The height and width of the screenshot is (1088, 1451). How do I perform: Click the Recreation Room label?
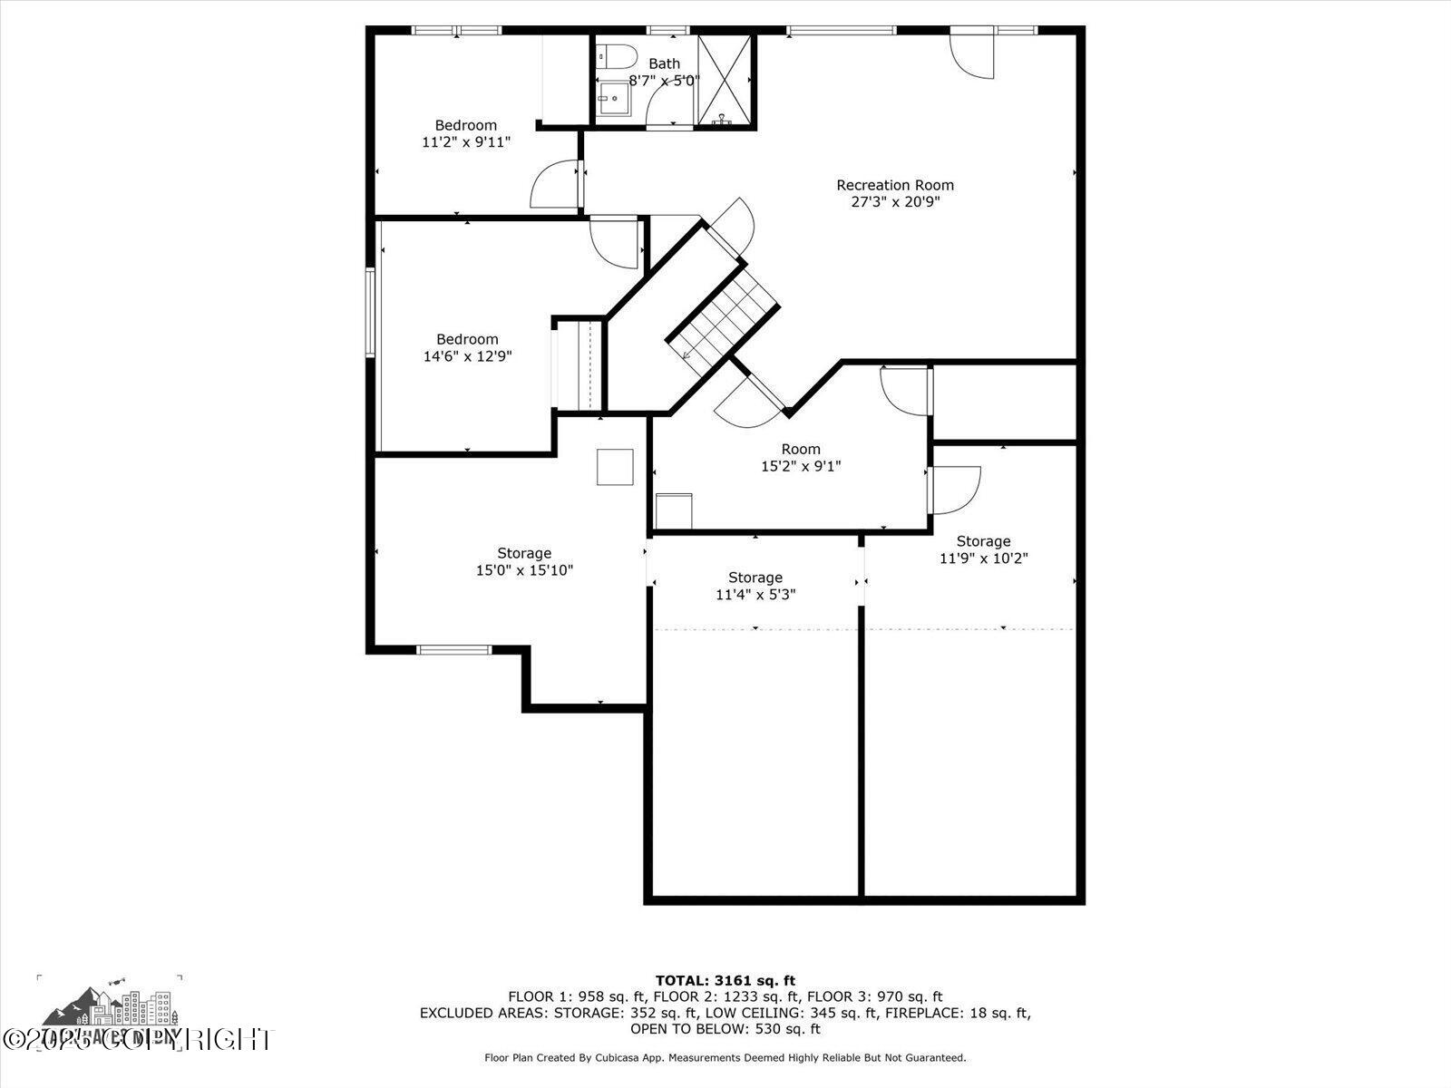[x=894, y=185]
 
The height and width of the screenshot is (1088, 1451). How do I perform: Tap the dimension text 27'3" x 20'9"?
[x=894, y=202]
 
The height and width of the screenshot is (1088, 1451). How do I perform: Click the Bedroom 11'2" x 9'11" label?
[x=465, y=125]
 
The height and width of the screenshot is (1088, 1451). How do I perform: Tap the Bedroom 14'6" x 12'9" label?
[x=467, y=339]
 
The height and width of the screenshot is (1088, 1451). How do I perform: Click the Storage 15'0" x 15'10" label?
[x=523, y=553]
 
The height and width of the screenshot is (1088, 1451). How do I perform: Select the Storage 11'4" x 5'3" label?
[x=755, y=578]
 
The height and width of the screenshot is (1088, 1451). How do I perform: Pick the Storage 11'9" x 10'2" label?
[x=983, y=541]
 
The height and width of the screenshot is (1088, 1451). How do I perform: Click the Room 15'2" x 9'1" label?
[x=800, y=449]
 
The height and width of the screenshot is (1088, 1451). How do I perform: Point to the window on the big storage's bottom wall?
[x=453, y=649]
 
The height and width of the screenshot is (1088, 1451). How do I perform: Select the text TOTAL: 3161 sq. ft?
[x=725, y=980]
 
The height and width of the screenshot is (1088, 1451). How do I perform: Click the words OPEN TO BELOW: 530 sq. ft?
[x=725, y=1029]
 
